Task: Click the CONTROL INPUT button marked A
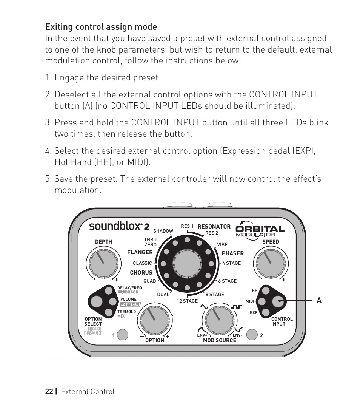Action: point(279,301)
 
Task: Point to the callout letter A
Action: point(319,301)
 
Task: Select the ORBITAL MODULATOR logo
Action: point(260,230)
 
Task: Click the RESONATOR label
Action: point(214,227)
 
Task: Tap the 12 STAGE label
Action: point(187,301)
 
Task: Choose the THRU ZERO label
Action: point(150,242)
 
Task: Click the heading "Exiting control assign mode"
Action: point(101,27)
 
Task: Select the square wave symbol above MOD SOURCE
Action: point(236,306)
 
